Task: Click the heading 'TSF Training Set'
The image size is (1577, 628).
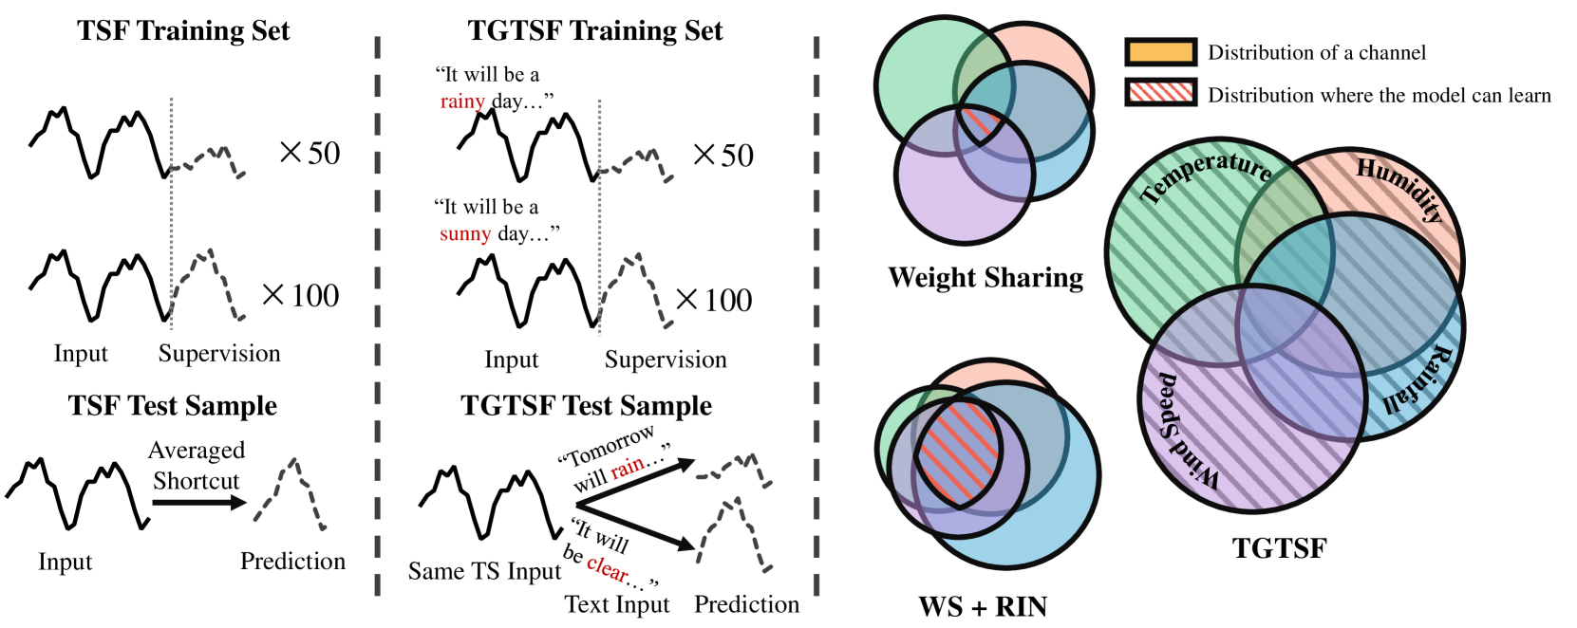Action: pyautogui.click(x=183, y=30)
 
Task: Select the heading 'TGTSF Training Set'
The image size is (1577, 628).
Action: pyautogui.click(x=595, y=30)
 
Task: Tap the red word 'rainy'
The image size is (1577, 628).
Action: pyautogui.click(x=462, y=102)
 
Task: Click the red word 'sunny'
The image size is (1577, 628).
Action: pyautogui.click(x=465, y=234)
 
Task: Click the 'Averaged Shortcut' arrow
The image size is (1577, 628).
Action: pyautogui.click(x=198, y=502)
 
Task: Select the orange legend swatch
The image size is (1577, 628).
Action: pyautogui.click(x=1159, y=52)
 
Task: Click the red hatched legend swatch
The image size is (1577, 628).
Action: pyautogui.click(x=1159, y=94)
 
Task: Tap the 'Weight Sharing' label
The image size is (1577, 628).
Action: pyautogui.click(x=986, y=277)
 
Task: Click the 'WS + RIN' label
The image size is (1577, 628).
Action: pyautogui.click(x=983, y=606)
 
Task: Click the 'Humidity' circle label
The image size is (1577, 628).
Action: pyautogui.click(x=1399, y=188)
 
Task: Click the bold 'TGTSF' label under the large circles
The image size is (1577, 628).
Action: pyautogui.click(x=1279, y=548)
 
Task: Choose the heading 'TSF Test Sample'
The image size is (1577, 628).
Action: pyautogui.click(x=173, y=406)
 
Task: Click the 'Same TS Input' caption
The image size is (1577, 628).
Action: pyautogui.click(x=484, y=571)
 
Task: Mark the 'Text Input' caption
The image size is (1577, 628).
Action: pyautogui.click(x=617, y=604)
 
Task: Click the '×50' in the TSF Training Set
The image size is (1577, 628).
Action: pyautogui.click(x=310, y=153)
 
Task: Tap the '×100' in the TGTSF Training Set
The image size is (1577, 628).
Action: pyautogui.click(x=714, y=301)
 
